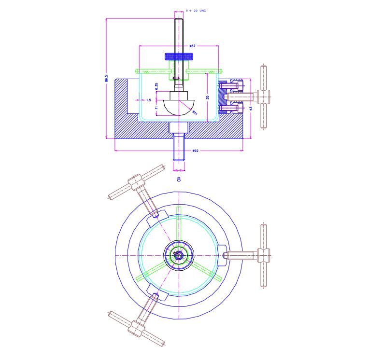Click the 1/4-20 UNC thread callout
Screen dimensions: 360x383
[x=196, y=10]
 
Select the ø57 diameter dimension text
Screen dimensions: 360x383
[x=192, y=46]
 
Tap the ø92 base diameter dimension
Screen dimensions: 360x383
[x=195, y=151]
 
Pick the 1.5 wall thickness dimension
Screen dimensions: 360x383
[x=148, y=100]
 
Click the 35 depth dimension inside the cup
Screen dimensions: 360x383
[x=207, y=97]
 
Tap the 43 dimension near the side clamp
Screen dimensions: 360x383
[x=250, y=109]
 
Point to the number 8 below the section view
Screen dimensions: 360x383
[x=179, y=179]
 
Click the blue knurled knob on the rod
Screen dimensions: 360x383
[x=179, y=56]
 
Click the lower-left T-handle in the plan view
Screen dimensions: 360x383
[x=137, y=329]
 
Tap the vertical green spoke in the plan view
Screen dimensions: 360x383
[x=179, y=224]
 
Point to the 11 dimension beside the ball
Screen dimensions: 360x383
[x=156, y=108]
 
